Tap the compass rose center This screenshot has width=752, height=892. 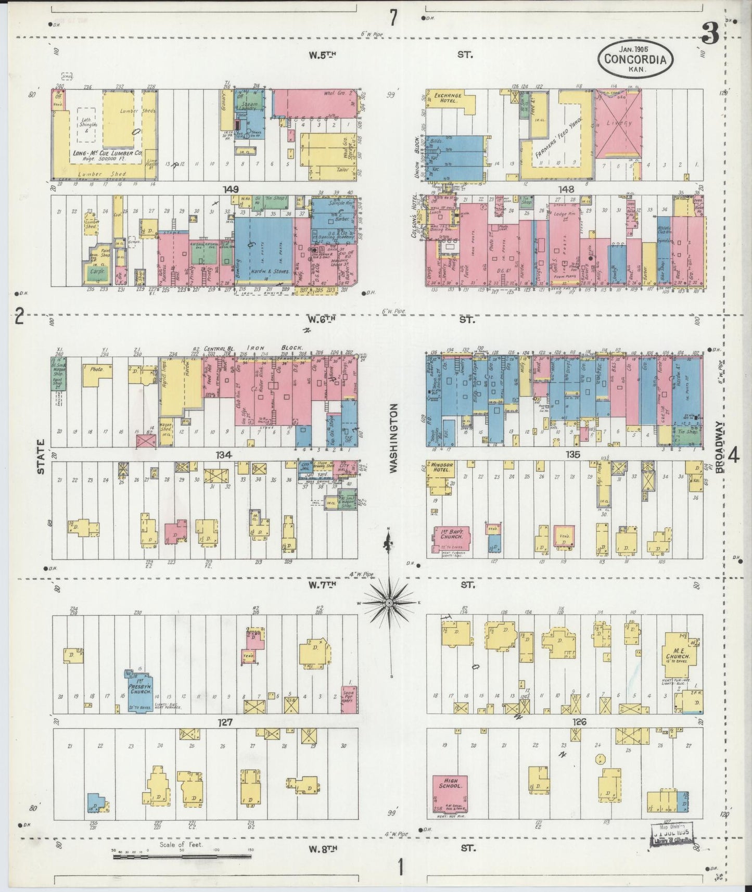pyautogui.click(x=389, y=602)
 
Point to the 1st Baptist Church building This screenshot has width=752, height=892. pyautogui.click(x=451, y=539)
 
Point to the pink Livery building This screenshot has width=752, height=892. pyautogui.click(x=618, y=124)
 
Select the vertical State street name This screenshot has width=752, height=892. pyautogui.click(x=40, y=456)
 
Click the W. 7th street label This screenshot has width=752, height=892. pyautogui.click(x=322, y=584)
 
